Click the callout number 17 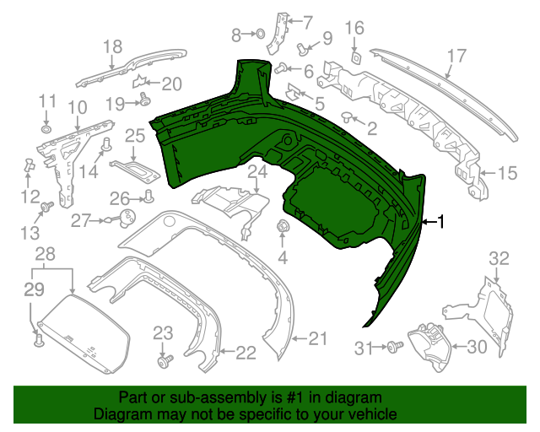coord(456,57)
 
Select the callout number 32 coord(500,257)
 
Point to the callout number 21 coord(316,339)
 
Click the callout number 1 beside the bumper coord(445,222)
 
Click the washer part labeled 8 coord(260,34)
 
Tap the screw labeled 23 coord(165,360)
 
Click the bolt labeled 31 coord(393,346)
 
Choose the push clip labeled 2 coord(348,117)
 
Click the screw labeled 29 coord(37,340)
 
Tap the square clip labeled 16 coord(356,57)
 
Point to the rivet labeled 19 coord(144,101)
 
